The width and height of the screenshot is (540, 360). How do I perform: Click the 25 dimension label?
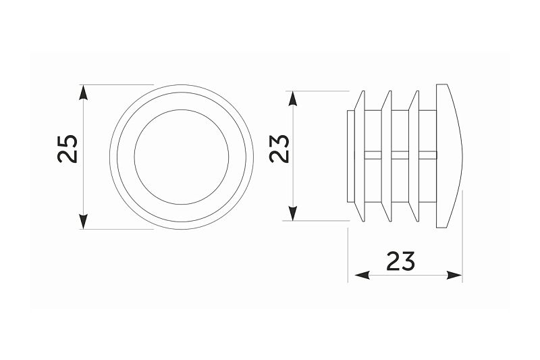(67, 149)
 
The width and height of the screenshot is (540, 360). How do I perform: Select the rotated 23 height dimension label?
(279, 147)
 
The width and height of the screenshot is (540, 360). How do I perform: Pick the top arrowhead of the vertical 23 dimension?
(292, 99)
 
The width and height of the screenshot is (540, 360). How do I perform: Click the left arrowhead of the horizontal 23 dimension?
(356, 275)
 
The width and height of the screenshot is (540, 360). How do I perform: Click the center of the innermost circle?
(180, 157)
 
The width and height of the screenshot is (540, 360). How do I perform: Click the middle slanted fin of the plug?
(387, 157)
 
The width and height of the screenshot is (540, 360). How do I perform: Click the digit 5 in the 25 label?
(67, 139)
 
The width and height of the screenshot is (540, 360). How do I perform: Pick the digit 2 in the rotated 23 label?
(279, 156)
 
